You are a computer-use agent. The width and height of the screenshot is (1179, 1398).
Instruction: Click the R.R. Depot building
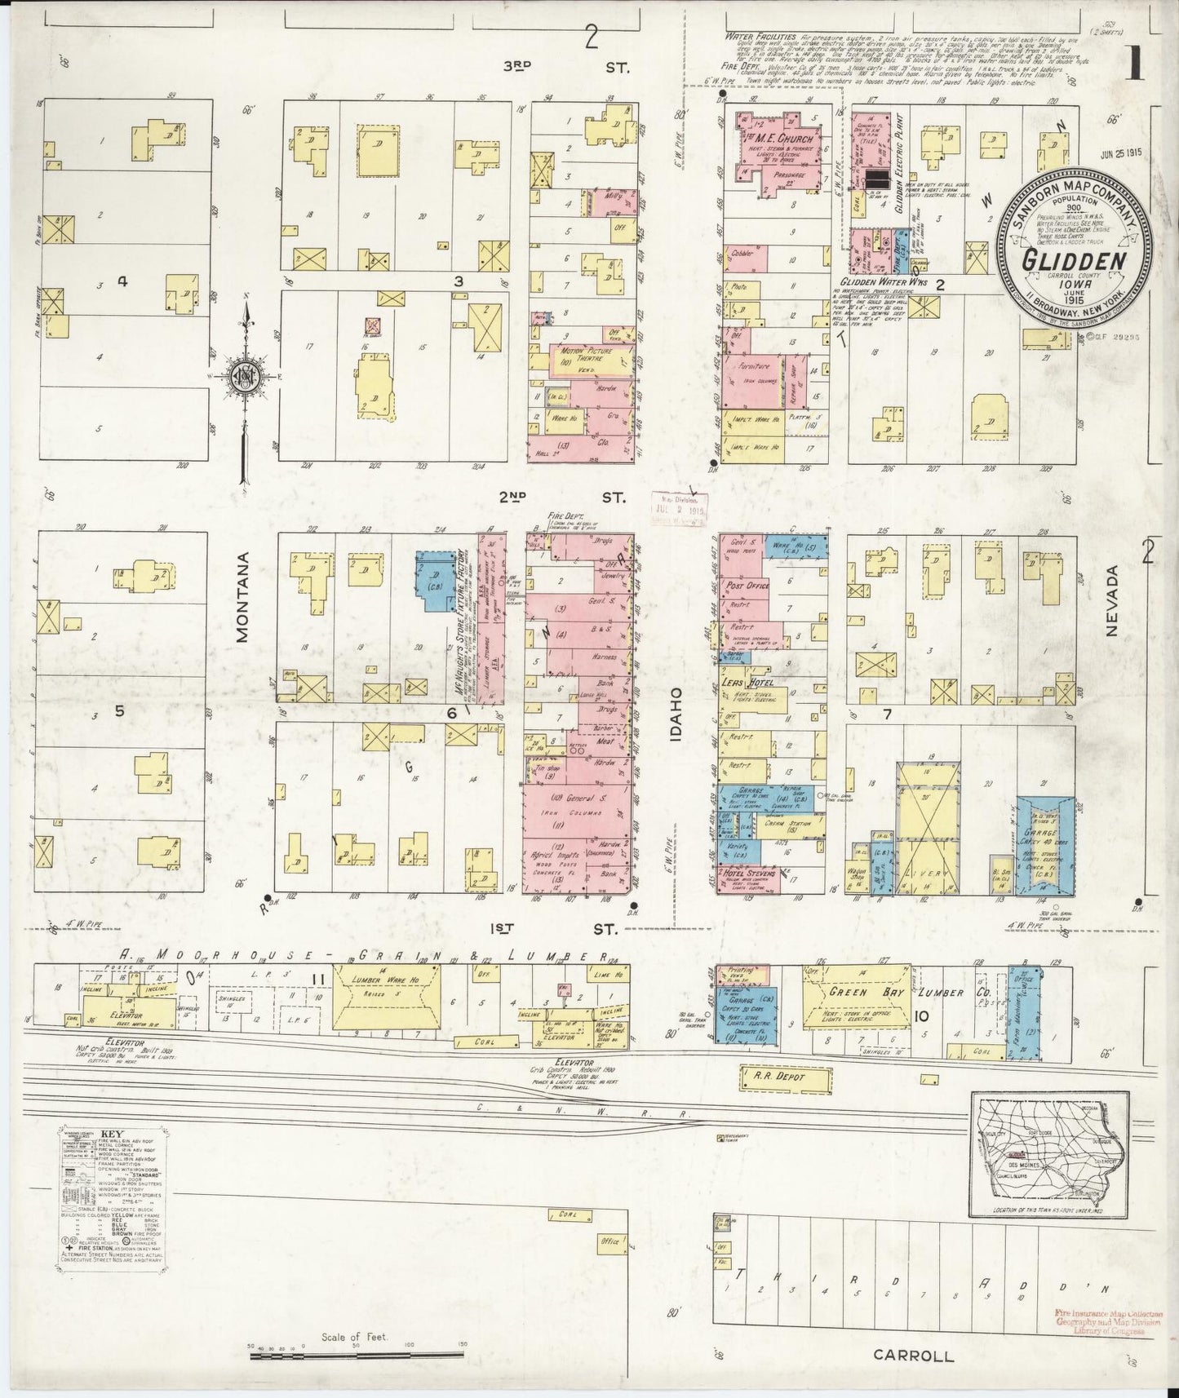click(783, 1077)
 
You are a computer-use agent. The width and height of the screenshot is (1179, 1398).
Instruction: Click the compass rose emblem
click(244, 375)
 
